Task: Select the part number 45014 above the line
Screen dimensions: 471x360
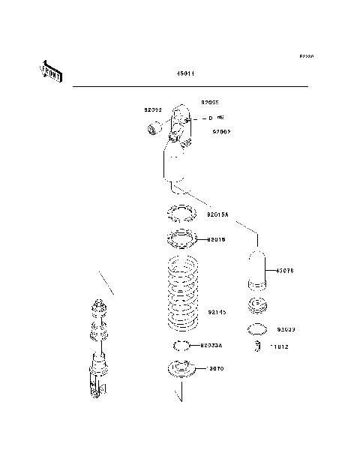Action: [186, 73]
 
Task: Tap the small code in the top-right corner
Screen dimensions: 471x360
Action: [307, 56]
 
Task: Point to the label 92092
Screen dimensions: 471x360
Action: [153, 109]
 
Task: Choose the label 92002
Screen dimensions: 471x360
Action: [220, 131]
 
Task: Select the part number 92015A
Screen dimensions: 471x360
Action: [218, 214]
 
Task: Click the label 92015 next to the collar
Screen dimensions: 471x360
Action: [216, 240]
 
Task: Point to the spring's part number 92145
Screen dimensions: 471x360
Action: [217, 311]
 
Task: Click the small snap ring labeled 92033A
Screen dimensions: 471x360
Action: [181, 346]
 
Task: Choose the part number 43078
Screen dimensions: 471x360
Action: [286, 271]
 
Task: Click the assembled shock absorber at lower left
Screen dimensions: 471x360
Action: [97, 352]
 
